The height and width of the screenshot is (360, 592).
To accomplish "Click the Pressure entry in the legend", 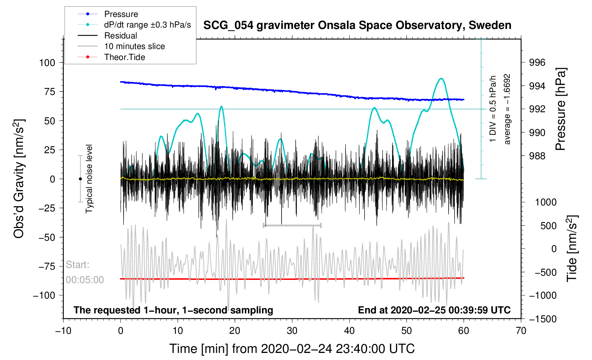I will [x=121, y=14].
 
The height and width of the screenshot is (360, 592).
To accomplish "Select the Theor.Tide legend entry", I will [x=124, y=57].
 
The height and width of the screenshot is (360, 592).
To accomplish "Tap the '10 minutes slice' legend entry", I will [x=134, y=46].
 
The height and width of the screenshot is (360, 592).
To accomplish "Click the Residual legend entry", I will [x=120, y=36].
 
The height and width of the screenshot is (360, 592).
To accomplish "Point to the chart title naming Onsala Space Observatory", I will [x=357, y=25].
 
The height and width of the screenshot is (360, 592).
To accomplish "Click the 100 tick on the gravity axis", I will [x=47, y=63].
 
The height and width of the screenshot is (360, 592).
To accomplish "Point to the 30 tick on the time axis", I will [x=292, y=331].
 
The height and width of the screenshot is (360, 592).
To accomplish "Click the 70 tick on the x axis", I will [x=521, y=331].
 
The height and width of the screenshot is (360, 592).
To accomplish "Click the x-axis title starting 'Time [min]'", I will [x=292, y=349].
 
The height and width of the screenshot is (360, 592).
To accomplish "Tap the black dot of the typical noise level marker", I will [x=80, y=179].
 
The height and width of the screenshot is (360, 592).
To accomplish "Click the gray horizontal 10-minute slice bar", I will [x=292, y=225].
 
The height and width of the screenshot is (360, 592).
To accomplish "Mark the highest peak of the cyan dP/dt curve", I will [x=441, y=79].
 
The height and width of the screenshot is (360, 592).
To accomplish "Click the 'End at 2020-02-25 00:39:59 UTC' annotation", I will [x=434, y=310].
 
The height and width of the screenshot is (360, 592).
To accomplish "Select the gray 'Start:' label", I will [x=77, y=265].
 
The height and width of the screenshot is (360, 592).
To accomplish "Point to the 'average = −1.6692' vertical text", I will [x=507, y=109].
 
